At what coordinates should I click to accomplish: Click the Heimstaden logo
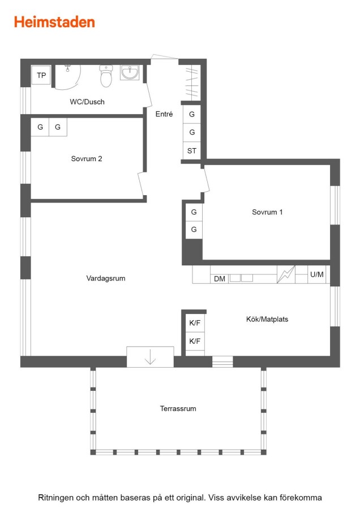coord(54,22)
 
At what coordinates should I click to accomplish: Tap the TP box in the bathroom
coord(41,75)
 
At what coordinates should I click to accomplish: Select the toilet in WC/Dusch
coord(106,76)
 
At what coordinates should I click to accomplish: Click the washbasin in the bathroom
coord(130,72)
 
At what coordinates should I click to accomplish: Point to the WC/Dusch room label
coord(87,102)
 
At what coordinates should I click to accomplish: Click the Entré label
coord(164,114)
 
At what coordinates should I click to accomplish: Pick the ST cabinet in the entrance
coord(192,150)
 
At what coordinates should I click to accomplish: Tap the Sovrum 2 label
coord(87,159)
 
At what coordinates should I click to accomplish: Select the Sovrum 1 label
coord(267,212)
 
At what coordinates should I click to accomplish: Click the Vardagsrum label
coord(106,278)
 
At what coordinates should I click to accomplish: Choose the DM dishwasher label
coord(220,279)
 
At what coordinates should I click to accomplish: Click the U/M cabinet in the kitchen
coord(317,275)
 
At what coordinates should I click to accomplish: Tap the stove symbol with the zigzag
coord(286,275)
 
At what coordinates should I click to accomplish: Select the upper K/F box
coord(195,323)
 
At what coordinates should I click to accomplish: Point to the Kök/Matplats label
coord(267,319)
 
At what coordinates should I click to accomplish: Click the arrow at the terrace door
coord(150,356)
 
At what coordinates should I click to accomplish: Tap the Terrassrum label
coord(178,409)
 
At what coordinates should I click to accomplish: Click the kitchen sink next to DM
coord(241,278)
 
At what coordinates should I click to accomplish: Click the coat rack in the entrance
coord(192,83)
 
